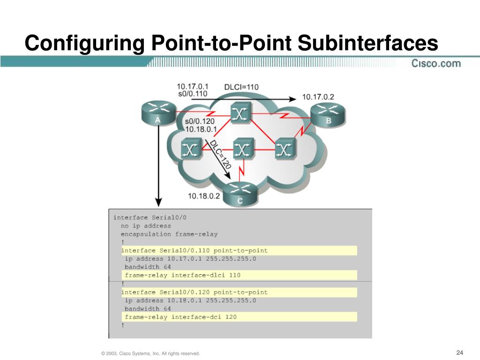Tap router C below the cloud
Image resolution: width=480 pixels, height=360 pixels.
pyautogui.click(x=240, y=194)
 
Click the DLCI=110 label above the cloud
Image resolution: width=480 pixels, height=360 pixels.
pyautogui.click(x=241, y=87)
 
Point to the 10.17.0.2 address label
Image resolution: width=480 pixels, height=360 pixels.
pyautogui.click(x=318, y=97)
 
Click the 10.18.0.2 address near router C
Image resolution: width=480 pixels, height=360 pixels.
pyautogui.click(x=204, y=196)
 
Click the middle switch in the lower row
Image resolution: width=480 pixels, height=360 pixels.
pyautogui.click(x=242, y=150)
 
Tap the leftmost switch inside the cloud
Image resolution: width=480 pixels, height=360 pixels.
pyautogui.click(x=191, y=150)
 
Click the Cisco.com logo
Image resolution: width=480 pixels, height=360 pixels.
pyautogui.click(x=436, y=63)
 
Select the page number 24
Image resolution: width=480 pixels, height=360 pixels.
pyautogui.click(x=459, y=352)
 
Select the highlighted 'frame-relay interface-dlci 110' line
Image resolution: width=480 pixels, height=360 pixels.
pyautogui.click(x=182, y=275)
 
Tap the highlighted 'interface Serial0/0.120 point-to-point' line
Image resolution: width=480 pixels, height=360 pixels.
pyautogui.click(x=195, y=292)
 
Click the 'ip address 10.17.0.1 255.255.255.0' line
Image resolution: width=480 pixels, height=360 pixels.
pyautogui.click(x=190, y=259)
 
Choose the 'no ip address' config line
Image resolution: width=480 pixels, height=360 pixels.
pyautogui.click(x=146, y=225)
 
